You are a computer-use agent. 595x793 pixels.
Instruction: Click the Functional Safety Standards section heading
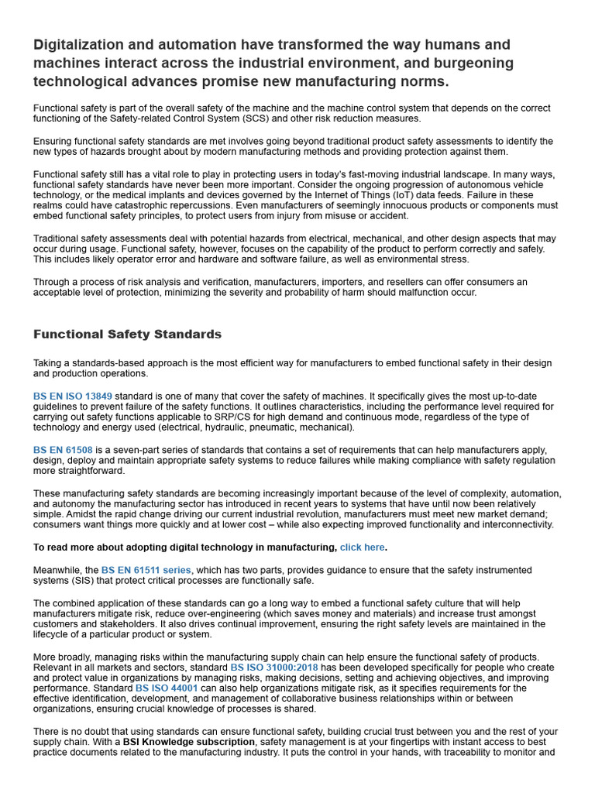click(127, 335)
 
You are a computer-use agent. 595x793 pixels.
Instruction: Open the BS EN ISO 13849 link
click(72, 396)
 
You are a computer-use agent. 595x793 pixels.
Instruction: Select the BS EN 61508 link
click(62, 450)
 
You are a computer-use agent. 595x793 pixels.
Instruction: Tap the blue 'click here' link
click(362, 548)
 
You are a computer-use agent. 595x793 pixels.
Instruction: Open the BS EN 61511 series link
click(146, 571)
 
